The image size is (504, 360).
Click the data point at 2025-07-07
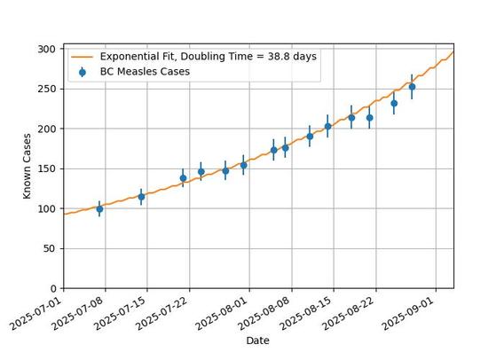point(99,209)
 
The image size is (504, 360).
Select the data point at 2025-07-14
point(141,197)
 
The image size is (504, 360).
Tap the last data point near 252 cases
point(412,87)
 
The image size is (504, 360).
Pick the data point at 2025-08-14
point(327,127)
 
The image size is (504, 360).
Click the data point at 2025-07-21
point(183,178)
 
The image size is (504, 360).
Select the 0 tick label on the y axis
point(53,289)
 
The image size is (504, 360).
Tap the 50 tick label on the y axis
point(49,249)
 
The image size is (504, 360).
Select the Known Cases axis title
point(27,166)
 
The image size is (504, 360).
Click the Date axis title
point(258,340)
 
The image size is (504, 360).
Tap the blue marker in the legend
point(83,73)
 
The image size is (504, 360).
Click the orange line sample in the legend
point(83,57)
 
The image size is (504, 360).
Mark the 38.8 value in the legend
point(280,57)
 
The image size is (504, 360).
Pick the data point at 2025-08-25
point(394,104)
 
